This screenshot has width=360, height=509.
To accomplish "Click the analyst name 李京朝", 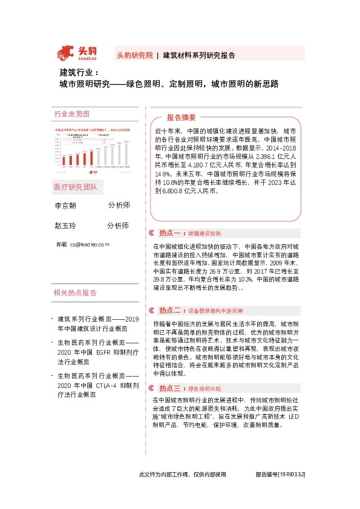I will click(x=65, y=206).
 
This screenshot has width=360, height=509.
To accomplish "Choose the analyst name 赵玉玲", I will click(x=65, y=225).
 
